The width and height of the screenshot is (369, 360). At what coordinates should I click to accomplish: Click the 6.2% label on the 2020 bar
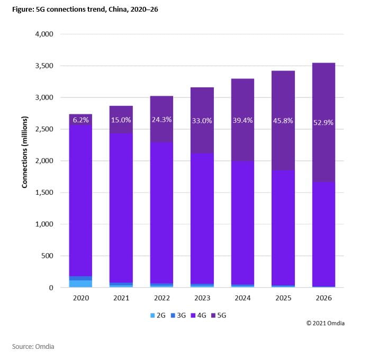(x=80, y=120)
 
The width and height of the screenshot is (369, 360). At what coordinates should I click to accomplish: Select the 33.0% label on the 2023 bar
(x=202, y=121)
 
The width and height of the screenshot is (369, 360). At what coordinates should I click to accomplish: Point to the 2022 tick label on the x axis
(x=161, y=298)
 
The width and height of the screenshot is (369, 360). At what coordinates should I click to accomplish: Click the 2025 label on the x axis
(x=283, y=298)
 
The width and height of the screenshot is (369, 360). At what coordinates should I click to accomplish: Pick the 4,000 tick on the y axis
(x=44, y=34)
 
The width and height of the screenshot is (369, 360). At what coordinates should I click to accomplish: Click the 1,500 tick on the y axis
(x=44, y=193)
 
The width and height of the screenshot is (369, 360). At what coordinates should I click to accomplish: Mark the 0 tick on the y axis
(x=51, y=288)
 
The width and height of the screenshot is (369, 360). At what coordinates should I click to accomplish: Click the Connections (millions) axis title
(x=24, y=160)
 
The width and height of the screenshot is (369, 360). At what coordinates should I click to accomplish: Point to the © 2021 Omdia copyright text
(x=325, y=323)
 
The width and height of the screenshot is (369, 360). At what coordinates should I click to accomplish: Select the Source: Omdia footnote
(x=33, y=347)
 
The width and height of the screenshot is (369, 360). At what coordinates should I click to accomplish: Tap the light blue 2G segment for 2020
(x=80, y=284)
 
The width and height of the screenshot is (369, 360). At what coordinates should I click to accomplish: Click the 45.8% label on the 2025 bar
(x=283, y=121)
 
